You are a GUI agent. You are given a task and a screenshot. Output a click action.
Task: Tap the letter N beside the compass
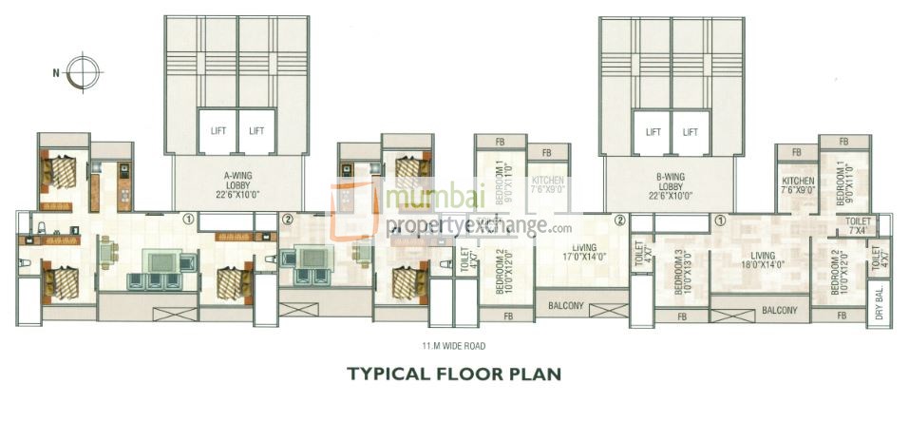56,71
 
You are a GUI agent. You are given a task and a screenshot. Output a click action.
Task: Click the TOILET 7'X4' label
858,225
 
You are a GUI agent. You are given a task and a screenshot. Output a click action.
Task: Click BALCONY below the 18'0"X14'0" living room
779,311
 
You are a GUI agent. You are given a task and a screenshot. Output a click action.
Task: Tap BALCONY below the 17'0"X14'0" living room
567,307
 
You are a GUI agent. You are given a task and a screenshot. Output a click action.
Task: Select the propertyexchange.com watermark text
480,227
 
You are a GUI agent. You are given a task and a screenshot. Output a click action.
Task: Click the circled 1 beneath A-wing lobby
188,219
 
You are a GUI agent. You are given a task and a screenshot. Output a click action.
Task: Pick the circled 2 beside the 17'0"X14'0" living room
619,220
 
